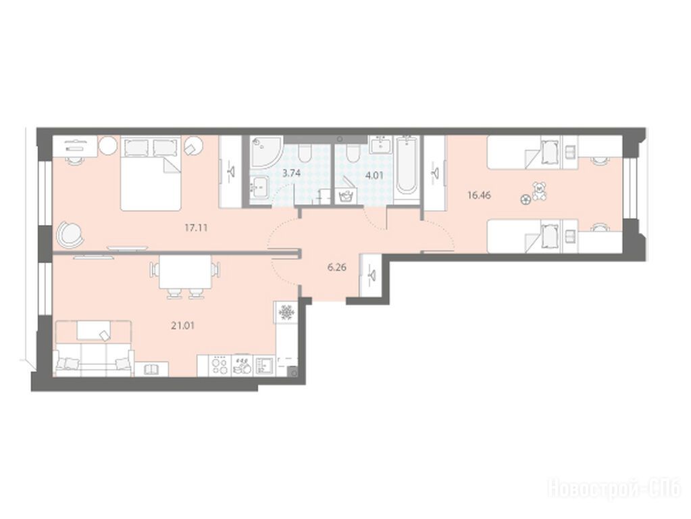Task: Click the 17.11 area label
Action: click(x=196, y=228)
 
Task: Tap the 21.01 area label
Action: click(x=183, y=326)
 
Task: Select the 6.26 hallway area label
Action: click(x=337, y=267)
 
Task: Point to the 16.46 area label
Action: click(x=479, y=195)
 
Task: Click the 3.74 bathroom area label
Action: click(x=291, y=173)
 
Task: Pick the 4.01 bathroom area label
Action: click(x=374, y=175)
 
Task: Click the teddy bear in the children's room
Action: click(x=539, y=191)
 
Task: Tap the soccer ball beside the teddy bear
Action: click(x=526, y=200)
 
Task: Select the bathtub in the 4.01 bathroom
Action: click(x=407, y=165)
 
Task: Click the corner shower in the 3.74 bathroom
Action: click(x=264, y=151)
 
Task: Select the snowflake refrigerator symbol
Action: click(x=287, y=313)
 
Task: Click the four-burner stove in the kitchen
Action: click(x=220, y=366)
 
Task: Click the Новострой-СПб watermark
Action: click(x=614, y=489)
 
